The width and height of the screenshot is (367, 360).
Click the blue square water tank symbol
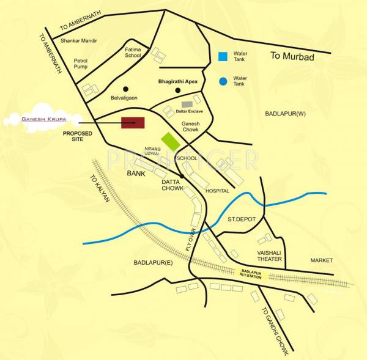223,57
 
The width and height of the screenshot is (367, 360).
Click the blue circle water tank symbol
223,81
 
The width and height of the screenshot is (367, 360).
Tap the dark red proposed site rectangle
132,122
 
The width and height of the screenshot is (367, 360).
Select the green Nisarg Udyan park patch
170,141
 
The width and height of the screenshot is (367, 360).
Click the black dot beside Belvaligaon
125,88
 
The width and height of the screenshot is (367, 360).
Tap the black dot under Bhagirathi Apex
177,90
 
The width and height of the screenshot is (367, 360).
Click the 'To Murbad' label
292,57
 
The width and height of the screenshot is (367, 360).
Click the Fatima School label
133,52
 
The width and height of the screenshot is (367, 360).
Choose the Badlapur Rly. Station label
251,274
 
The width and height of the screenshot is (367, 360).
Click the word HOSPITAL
218,191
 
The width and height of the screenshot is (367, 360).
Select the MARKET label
321,260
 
